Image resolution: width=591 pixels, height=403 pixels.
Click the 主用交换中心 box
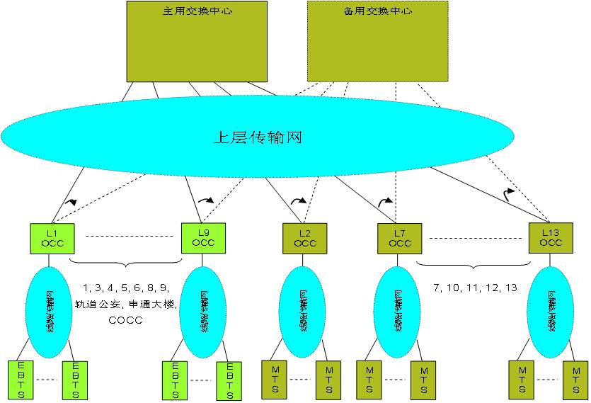pyautogui.click(x=197, y=42)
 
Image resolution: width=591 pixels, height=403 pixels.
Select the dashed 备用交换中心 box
pyautogui.click(x=377, y=41)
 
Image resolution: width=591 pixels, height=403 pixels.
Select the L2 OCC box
pyautogui.click(x=305, y=238)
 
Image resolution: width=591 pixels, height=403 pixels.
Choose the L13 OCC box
pyautogui.click(x=551, y=237)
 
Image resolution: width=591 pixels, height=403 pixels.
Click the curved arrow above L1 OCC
pyautogui.click(x=71, y=202)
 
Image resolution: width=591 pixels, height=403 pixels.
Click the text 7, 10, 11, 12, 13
pyautogui.click(x=475, y=288)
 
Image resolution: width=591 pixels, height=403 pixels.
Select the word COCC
pyautogui.click(x=125, y=320)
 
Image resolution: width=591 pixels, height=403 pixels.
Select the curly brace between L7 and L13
pyautogui.click(x=473, y=266)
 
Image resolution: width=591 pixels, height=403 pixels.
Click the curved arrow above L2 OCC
pyautogui.click(x=299, y=200)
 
